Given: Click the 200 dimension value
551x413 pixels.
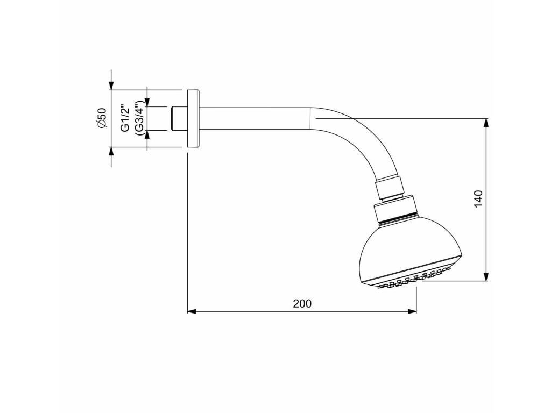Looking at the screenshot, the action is click(x=302, y=303).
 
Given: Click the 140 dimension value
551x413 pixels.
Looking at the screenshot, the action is click(x=478, y=199).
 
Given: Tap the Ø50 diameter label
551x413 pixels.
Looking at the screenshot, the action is click(x=101, y=118).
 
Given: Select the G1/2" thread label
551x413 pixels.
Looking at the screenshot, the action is click(x=125, y=118).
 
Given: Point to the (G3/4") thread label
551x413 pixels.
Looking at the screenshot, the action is click(x=139, y=118).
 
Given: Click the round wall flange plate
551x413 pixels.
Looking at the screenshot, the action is click(x=193, y=119).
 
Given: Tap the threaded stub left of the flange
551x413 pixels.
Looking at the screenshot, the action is click(x=179, y=119).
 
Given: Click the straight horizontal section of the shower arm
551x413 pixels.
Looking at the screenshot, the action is click(x=255, y=119).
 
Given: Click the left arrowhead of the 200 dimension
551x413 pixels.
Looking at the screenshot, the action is click(x=192, y=311).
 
